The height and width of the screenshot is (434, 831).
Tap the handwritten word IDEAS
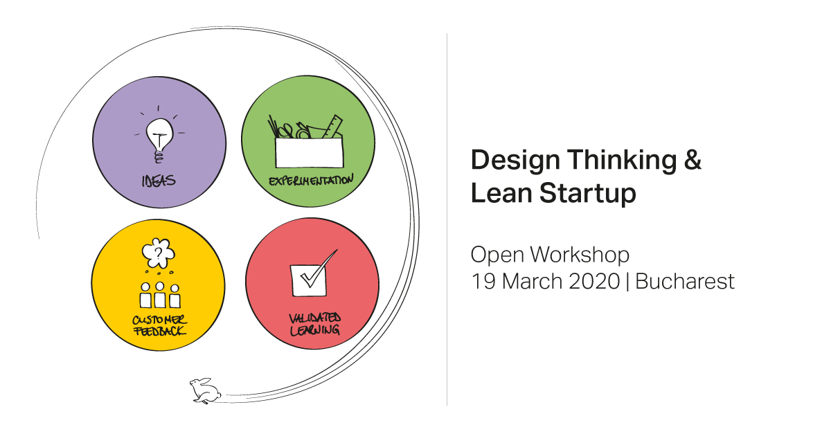click(x=159, y=181)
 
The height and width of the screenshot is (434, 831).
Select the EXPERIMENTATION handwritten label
click(x=311, y=180)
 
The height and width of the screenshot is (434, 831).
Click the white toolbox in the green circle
click(x=309, y=152)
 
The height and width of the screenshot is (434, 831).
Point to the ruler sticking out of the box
click(x=332, y=127)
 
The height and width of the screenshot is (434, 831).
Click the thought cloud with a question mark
click(x=159, y=253)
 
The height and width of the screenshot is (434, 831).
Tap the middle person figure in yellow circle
click(x=160, y=295)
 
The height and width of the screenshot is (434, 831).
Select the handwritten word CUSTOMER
click(x=159, y=320)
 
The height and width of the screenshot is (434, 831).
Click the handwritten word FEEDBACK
click(x=159, y=331)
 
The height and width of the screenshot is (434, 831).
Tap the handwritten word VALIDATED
click(x=314, y=318)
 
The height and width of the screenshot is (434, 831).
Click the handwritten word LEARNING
click(x=314, y=329)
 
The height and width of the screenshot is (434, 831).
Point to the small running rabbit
click(x=205, y=390)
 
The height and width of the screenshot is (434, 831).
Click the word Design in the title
click(x=515, y=161)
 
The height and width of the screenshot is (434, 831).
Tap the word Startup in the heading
click(x=588, y=194)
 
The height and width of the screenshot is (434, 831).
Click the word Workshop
click(x=580, y=255)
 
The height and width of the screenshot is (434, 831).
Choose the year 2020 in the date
click(x=594, y=281)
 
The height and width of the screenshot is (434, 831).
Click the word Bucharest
click(x=685, y=281)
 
